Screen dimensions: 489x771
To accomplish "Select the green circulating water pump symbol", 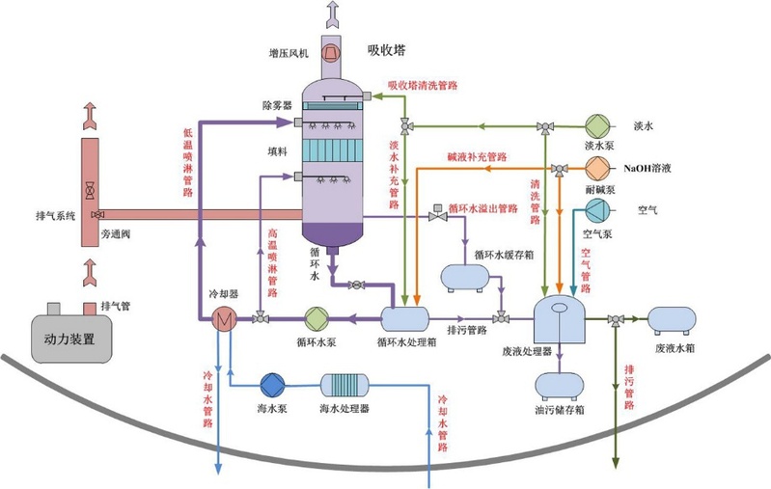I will click(317, 318).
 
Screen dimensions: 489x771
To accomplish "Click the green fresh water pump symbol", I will click(594, 125).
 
